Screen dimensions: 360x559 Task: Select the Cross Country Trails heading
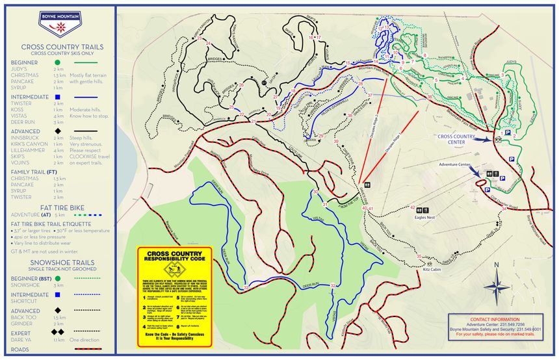pyautogui.click(x=57, y=47)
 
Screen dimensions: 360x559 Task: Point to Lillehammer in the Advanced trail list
pyautogui.click(x=27, y=149)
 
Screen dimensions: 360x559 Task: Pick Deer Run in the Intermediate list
pyautogui.click(x=23, y=122)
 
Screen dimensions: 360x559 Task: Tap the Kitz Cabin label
pyautogui.click(x=431, y=268)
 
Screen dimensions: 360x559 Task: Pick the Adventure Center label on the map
pyautogui.click(x=454, y=165)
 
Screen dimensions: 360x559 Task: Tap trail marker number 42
pyautogui.click(x=413, y=208)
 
